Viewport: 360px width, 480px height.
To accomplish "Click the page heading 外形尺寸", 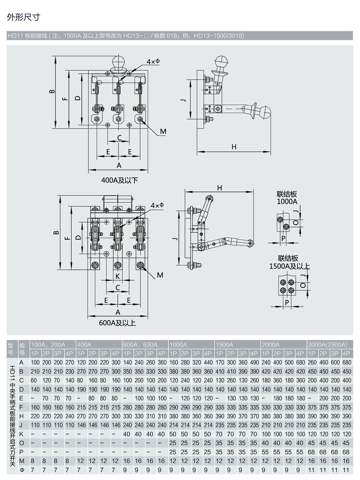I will coord(23,17).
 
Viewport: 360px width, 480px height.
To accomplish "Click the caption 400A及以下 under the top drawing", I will coord(119,180).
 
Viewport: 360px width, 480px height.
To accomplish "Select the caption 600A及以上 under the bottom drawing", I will coord(117,323).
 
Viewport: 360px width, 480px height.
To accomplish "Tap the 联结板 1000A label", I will coord(287,198).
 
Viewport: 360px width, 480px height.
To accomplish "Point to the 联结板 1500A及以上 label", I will coord(289,262).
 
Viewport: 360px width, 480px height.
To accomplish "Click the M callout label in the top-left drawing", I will coord(163,132).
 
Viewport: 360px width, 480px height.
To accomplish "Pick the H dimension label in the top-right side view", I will coord(234,147).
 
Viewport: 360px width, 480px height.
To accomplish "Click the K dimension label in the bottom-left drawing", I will coord(118,276).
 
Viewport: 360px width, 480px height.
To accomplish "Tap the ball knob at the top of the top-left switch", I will coord(119,63).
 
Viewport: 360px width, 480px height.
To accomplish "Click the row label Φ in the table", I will coord(22,470).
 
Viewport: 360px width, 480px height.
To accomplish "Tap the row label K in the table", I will coord(22,434).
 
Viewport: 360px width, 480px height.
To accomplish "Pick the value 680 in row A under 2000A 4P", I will coord(300,362).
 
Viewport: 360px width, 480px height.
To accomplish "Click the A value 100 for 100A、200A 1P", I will coord(35,362).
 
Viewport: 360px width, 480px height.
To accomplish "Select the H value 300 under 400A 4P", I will coord(116,416).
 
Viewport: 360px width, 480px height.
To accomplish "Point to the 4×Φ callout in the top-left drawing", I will coord(153,61).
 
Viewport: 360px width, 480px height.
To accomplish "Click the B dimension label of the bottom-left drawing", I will coord(56,233).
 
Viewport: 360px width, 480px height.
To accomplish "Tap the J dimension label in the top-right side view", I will coord(184,100).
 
